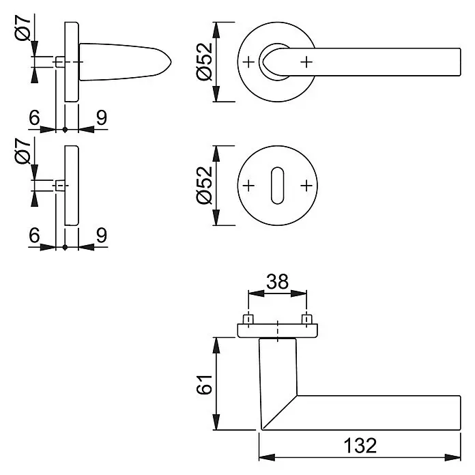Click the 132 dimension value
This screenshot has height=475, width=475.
point(360,445)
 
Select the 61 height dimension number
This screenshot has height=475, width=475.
point(204,384)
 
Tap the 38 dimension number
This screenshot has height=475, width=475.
point(277,282)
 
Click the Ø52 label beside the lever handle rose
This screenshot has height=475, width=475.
point(204,61)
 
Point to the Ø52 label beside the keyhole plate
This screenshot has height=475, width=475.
point(204,185)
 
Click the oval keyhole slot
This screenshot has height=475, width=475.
point(278,186)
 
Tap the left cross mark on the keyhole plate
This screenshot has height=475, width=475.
point(248,186)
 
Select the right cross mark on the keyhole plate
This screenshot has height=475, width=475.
point(306,186)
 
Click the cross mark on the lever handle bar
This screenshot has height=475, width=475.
point(306,62)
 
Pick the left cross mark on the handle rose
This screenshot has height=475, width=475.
point(248,62)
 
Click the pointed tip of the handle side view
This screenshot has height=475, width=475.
point(171,62)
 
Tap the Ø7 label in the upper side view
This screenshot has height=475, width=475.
point(23,28)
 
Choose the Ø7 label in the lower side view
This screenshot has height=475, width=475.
point(23,151)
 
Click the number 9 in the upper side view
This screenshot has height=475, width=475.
point(102,117)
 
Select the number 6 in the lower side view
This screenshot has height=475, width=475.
point(34,235)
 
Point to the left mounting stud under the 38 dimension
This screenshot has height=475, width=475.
point(248,319)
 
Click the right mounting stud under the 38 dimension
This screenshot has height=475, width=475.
point(306,319)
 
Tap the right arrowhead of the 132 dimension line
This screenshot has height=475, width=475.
point(452,457)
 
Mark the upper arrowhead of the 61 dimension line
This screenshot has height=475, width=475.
point(216,345)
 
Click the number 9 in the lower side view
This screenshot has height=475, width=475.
point(102,235)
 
